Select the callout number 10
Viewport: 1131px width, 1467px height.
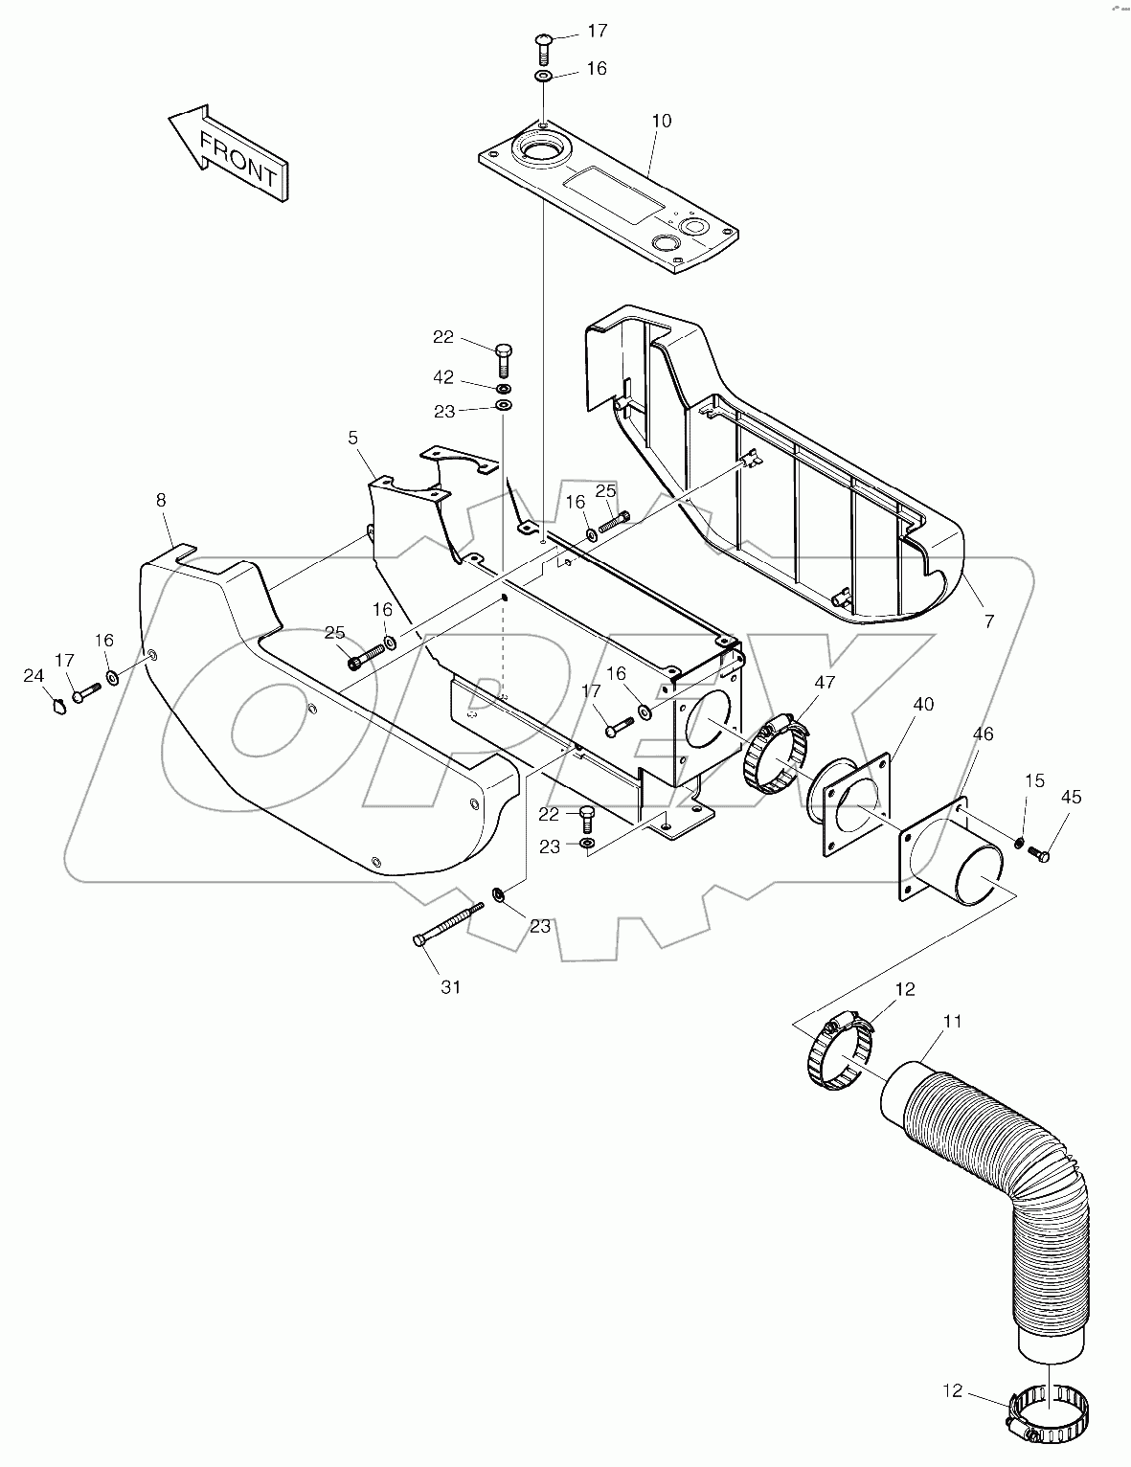click(661, 122)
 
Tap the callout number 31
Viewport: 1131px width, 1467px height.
click(450, 987)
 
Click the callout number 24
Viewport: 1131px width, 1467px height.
click(34, 676)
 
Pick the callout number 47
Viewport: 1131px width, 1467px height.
click(825, 683)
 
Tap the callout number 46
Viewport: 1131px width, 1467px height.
click(983, 734)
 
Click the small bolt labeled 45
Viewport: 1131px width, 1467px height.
click(1042, 854)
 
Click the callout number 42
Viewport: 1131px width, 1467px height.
click(442, 378)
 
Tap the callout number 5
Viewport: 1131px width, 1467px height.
click(353, 438)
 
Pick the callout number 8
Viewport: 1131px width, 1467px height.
click(160, 500)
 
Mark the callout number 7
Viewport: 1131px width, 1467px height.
click(989, 621)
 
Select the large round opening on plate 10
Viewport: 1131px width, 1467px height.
click(543, 151)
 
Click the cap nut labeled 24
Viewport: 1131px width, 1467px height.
click(57, 707)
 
